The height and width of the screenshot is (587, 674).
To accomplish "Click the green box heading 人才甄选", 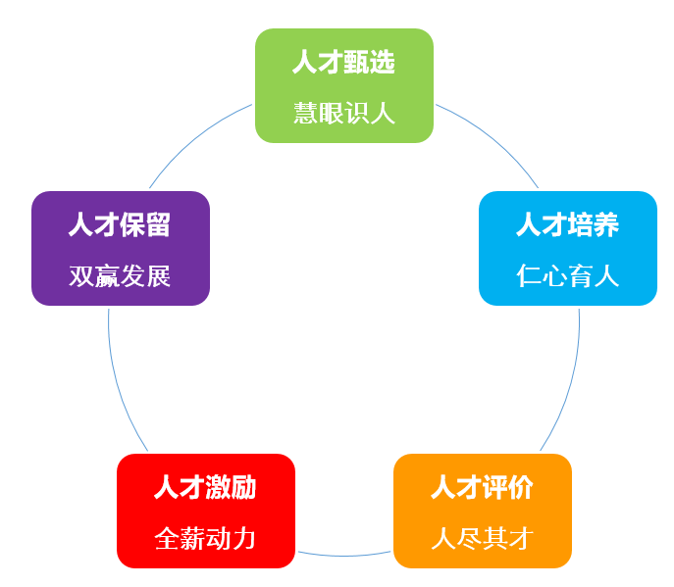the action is coord(343,62).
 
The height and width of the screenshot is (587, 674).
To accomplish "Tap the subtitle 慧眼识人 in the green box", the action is coord(344,114).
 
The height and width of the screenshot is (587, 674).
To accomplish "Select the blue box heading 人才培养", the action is coord(567,224).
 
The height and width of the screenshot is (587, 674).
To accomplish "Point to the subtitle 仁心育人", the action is coord(567,275).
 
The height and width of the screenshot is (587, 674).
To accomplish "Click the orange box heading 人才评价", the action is coord(482,487).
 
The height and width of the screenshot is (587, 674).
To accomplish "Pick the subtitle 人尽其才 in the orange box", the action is coord(483,538).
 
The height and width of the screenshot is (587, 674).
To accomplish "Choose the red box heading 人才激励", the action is coord(205,487).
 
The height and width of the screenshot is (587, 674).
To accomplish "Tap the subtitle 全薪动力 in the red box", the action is coord(205,538).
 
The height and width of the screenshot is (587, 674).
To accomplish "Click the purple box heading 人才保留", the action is coord(120,224).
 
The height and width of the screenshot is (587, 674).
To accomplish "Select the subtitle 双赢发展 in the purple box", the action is coord(120,275).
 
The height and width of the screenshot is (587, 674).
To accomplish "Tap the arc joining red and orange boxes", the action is coord(344,556).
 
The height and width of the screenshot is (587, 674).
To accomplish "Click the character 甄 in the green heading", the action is coord(356,62).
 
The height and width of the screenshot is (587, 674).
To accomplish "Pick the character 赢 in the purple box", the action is coord(107,275).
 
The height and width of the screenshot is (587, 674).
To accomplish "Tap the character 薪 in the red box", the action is coord(192,538).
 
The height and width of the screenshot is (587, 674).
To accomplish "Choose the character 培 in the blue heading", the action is coord(580,224).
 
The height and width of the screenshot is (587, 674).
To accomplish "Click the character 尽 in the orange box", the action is coord(469,538).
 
